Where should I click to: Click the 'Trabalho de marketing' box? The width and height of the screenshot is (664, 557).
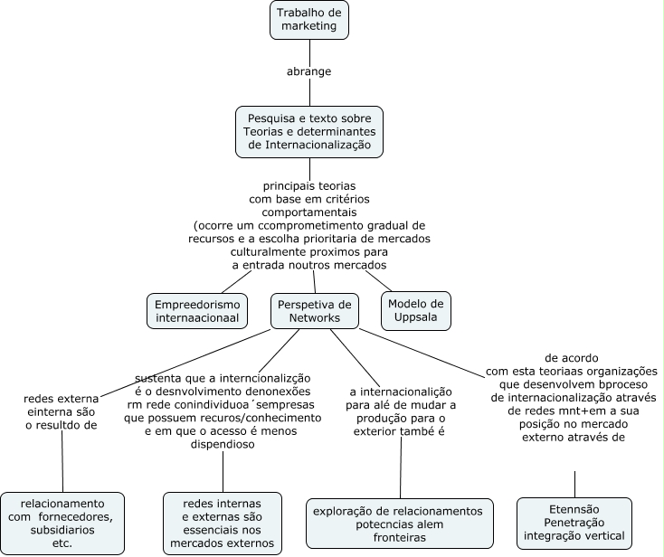pos(309,20)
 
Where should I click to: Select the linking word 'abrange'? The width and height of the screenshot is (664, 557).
pos(308,71)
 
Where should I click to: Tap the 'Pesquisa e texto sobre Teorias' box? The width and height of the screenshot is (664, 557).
pos(309,132)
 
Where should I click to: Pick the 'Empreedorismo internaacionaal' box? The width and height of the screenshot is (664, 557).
pos(197,311)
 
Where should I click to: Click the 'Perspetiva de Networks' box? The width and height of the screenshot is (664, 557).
pos(315,311)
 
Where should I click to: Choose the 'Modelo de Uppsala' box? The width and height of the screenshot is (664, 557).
pos(416,311)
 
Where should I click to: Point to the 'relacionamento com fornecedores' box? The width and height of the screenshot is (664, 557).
pos(62,524)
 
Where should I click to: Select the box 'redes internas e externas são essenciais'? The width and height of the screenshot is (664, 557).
pos(223,524)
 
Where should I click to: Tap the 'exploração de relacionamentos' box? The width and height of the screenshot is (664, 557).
pos(400,524)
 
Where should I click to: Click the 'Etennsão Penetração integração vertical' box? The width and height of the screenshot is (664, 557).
pos(574,523)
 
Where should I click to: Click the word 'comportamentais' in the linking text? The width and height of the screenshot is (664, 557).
pos(309,212)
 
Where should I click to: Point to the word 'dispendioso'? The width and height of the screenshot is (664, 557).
pos(223,444)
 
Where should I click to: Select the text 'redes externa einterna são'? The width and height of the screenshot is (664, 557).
pos(61,405)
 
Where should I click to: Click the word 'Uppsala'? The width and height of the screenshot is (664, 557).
pos(416,317)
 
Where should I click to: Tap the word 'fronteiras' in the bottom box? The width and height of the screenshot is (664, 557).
pos(400,537)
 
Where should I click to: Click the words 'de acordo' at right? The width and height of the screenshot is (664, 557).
pos(572,358)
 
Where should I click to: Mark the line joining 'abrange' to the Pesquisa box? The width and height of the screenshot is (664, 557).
pos(309,92)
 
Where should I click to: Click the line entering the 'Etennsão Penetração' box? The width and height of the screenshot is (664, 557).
pos(574,484)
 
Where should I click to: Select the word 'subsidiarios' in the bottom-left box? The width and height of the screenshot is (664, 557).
pos(62,530)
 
